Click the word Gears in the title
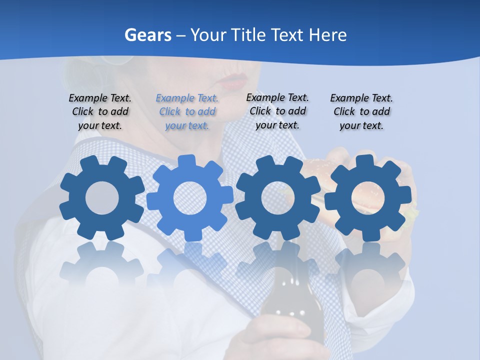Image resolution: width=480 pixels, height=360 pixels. (148, 35)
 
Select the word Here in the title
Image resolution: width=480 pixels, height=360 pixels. (327, 35)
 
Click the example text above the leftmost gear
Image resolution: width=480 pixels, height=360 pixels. (100, 111)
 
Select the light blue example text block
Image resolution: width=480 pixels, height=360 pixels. (187, 111)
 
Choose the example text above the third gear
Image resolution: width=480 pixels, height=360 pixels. (277, 111)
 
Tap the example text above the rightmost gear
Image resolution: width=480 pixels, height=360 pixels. (361, 111)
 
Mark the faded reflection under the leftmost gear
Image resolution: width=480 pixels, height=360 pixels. (102, 265)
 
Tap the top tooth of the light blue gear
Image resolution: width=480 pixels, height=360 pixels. (187, 161)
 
